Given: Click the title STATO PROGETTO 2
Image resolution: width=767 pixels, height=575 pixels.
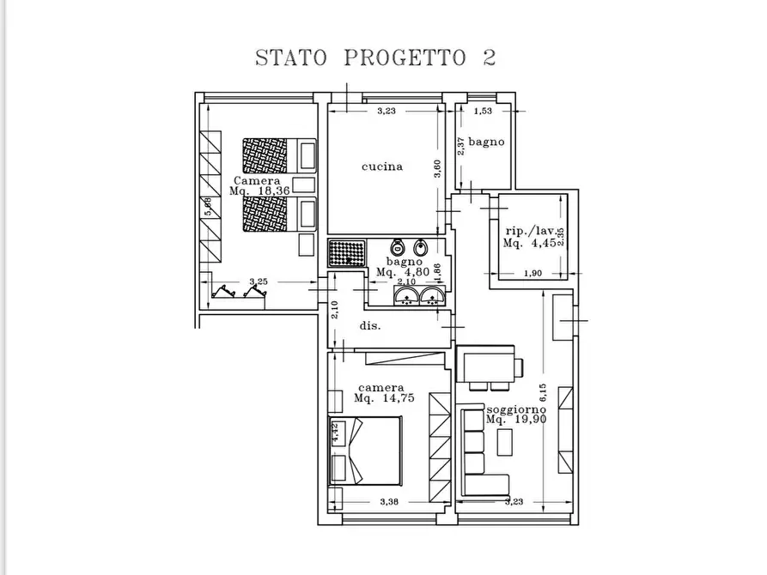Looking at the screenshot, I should click(375, 58).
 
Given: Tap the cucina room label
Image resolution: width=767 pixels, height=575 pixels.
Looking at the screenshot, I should click(382, 166).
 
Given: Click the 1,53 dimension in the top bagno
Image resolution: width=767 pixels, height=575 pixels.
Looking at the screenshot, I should click(484, 111).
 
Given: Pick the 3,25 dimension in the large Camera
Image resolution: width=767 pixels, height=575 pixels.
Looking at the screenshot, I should click(258, 281).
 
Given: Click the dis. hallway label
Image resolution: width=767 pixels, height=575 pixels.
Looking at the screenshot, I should click(370, 326).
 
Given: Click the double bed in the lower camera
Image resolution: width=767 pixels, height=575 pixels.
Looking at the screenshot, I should click(365, 451).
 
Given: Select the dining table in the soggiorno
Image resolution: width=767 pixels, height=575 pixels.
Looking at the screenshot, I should click(487, 365).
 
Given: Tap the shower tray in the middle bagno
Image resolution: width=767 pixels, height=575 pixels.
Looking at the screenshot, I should click(347, 254).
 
